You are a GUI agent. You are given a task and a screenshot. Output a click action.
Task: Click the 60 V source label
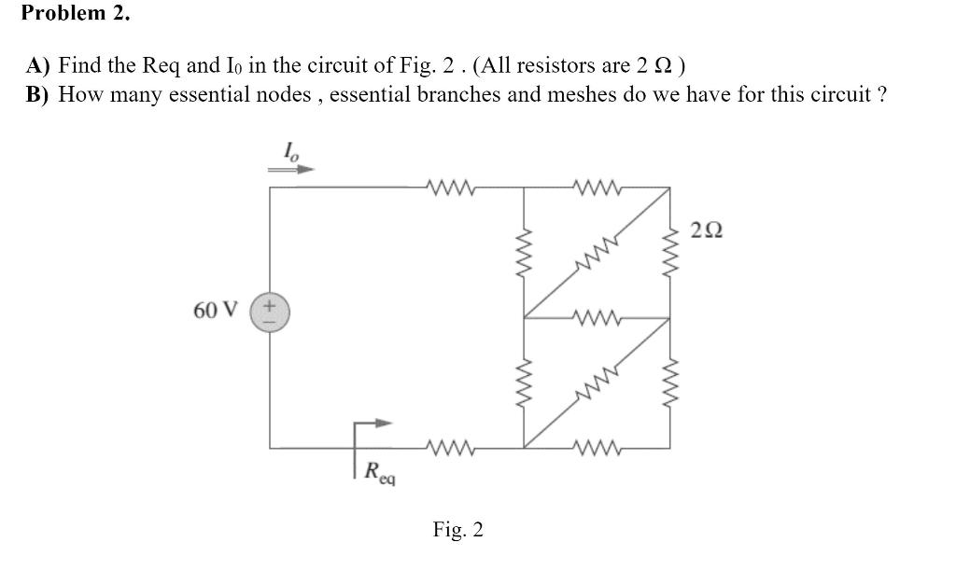pyautogui.click(x=215, y=309)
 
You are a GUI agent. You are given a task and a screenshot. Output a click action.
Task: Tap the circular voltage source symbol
pyautogui.click(x=270, y=310)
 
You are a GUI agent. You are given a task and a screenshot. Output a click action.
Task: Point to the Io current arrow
pyautogui.click(x=290, y=170)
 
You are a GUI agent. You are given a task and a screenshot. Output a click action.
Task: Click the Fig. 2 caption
pyautogui.click(x=457, y=530)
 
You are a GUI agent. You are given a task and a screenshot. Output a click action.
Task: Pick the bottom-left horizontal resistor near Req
pyautogui.click(x=452, y=446)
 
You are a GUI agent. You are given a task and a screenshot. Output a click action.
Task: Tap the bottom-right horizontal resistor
pyautogui.click(x=596, y=446)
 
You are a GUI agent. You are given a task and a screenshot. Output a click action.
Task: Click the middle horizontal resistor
pyautogui.click(x=596, y=317)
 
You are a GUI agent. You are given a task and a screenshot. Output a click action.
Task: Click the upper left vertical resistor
pyautogui.click(x=523, y=252)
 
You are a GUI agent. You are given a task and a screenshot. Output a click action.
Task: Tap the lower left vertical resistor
pyautogui.click(x=523, y=382)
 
